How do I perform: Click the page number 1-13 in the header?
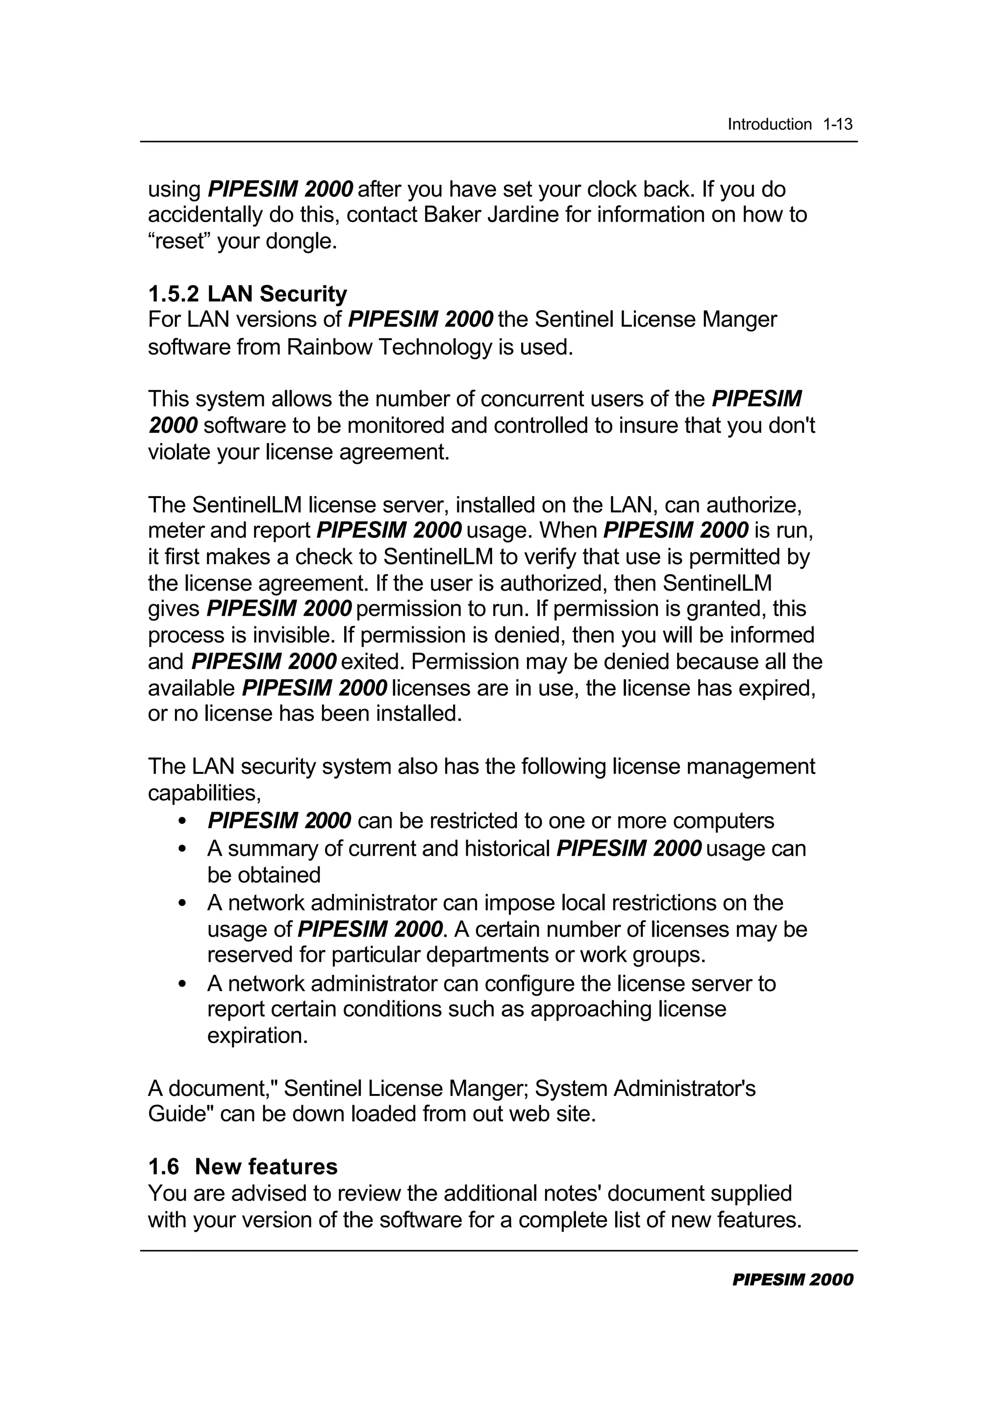(x=837, y=125)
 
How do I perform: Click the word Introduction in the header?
(x=769, y=125)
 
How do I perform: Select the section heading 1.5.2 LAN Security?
(x=247, y=294)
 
